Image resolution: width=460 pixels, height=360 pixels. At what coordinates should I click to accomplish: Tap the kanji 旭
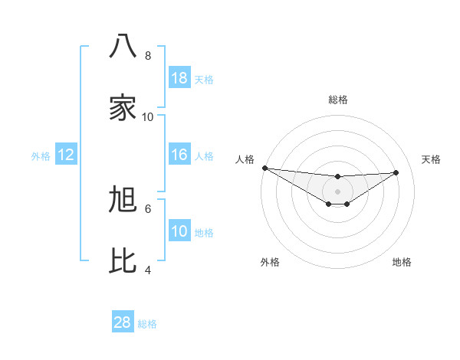pyautogui.click(x=123, y=199)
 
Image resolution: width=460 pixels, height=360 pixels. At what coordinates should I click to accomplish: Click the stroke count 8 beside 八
pyautogui.click(x=148, y=56)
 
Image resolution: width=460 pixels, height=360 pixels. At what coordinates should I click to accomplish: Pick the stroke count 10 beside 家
pyautogui.click(x=148, y=116)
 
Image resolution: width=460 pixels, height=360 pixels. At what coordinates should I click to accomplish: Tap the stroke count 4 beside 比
pyautogui.click(x=148, y=270)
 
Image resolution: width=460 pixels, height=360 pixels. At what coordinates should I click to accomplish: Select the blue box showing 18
pyautogui.click(x=179, y=78)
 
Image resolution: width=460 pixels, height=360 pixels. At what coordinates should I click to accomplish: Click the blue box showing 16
pyautogui.click(x=179, y=155)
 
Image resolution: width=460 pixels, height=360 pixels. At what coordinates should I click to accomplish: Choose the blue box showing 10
pyautogui.click(x=179, y=231)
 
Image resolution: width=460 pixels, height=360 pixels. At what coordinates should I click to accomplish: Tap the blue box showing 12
pyautogui.click(x=66, y=155)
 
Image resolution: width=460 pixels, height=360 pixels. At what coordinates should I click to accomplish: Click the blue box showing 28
pyautogui.click(x=123, y=322)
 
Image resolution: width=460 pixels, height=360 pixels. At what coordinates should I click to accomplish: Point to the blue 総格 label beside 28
pyautogui.click(x=147, y=324)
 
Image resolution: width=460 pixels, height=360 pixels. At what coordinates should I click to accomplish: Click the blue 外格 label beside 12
pyautogui.click(x=41, y=156)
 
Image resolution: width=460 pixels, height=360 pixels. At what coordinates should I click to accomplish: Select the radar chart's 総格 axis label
pyautogui.click(x=337, y=100)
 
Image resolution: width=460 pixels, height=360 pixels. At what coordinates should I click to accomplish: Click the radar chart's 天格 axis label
pyautogui.click(x=431, y=159)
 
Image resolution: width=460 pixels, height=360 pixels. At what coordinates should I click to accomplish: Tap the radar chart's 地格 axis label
pyautogui.click(x=402, y=263)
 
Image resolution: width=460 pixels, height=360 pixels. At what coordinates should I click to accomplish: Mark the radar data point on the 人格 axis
pyautogui.click(x=264, y=168)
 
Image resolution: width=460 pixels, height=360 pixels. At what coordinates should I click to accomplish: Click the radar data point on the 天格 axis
pyautogui.click(x=396, y=172)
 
